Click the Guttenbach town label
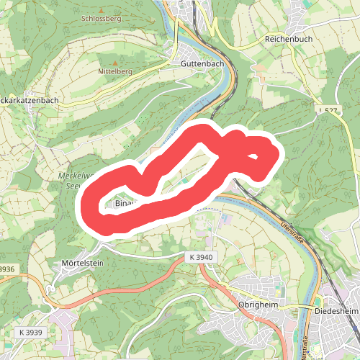coord(198,63)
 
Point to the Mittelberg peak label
coord(115,73)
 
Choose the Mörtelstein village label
coord(84,263)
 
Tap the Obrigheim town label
coord(258,305)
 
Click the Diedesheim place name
coord(337,311)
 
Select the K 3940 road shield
coord(199,257)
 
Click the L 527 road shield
coord(328,110)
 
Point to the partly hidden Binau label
coord(120,204)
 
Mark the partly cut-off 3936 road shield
coord(6,269)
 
